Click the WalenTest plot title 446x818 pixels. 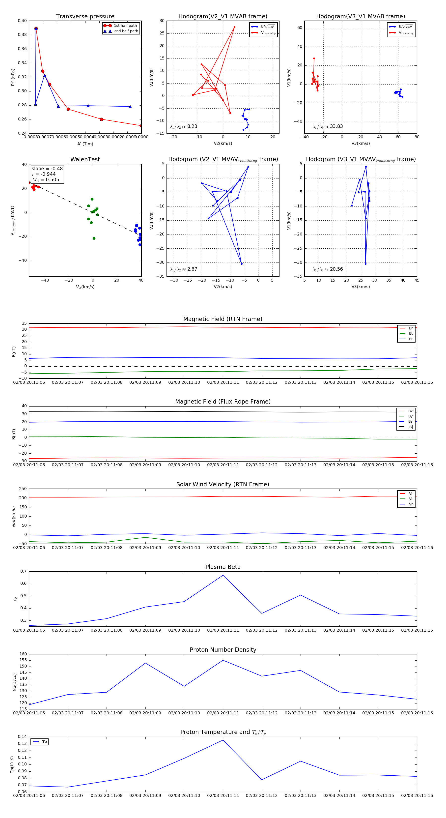coord(85,159)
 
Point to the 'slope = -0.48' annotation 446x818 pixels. coord(47,169)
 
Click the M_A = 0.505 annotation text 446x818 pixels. coord(45,180)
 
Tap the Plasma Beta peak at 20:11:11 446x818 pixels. coord(223,575)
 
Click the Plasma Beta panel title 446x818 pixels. coord(223,567)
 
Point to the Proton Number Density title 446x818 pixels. coord(223,649)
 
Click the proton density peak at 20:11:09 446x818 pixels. coord(145,663)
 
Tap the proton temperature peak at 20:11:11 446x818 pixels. coord(223,740)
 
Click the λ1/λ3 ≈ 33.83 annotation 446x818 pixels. coord(328,126)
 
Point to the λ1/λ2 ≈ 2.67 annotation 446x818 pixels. coord(183,269)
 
